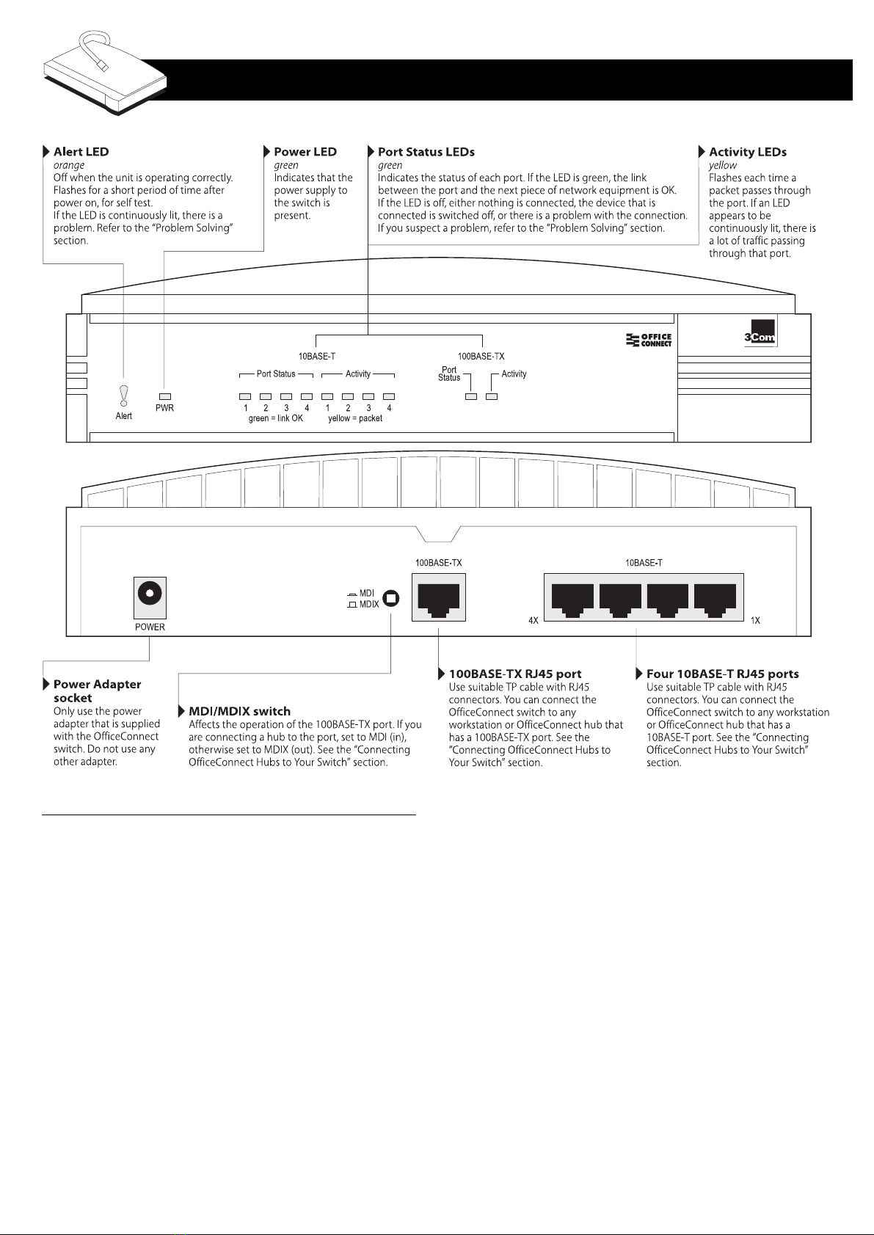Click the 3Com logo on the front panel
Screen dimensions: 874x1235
pyautogui.click(x=760, y=333)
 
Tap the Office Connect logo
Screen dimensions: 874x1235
pyautogui.click(x=649, y=340)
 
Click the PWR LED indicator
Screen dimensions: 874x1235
pyautogui.click(x=165, y=396)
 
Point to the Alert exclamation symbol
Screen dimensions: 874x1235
pyautogui.click(x=124, y=396)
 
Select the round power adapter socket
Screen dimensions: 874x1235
pyautogui.click(x=150, y=594)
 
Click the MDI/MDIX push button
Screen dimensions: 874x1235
pyautogui.click(x=391, y=598)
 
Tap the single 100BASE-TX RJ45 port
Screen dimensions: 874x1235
pyautogui.click(x=439, y=597)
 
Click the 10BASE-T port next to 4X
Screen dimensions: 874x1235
pyautogui.click(x=572, y=600)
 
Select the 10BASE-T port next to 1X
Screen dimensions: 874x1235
pyautogui.click(x=715, y=600)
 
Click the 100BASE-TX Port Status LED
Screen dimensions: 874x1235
pyautogui.click(x=471, y=396)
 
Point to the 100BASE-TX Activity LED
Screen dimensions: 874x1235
pyautogui.click(x=492, y=396)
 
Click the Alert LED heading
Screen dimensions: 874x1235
pyautogui.click(x=81, y=152)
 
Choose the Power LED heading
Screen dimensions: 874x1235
pyautogui.click(x=305, y=152)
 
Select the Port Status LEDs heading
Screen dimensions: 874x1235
pyautogui.click(x=426, y=152)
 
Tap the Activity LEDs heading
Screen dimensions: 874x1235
pyautogui.click(x=748, y=152)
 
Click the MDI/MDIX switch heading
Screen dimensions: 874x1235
pyautogui.click(x=239, y=711)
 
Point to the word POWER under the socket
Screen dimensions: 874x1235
pyautogui.click(x=150, y=627)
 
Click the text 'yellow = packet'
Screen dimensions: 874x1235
pyautogui.click(x=355, y=418)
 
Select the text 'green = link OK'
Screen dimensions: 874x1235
pyautogui.click(x=276, y=418)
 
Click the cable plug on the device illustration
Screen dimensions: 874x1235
pyautogui.click(x=102, y=65)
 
